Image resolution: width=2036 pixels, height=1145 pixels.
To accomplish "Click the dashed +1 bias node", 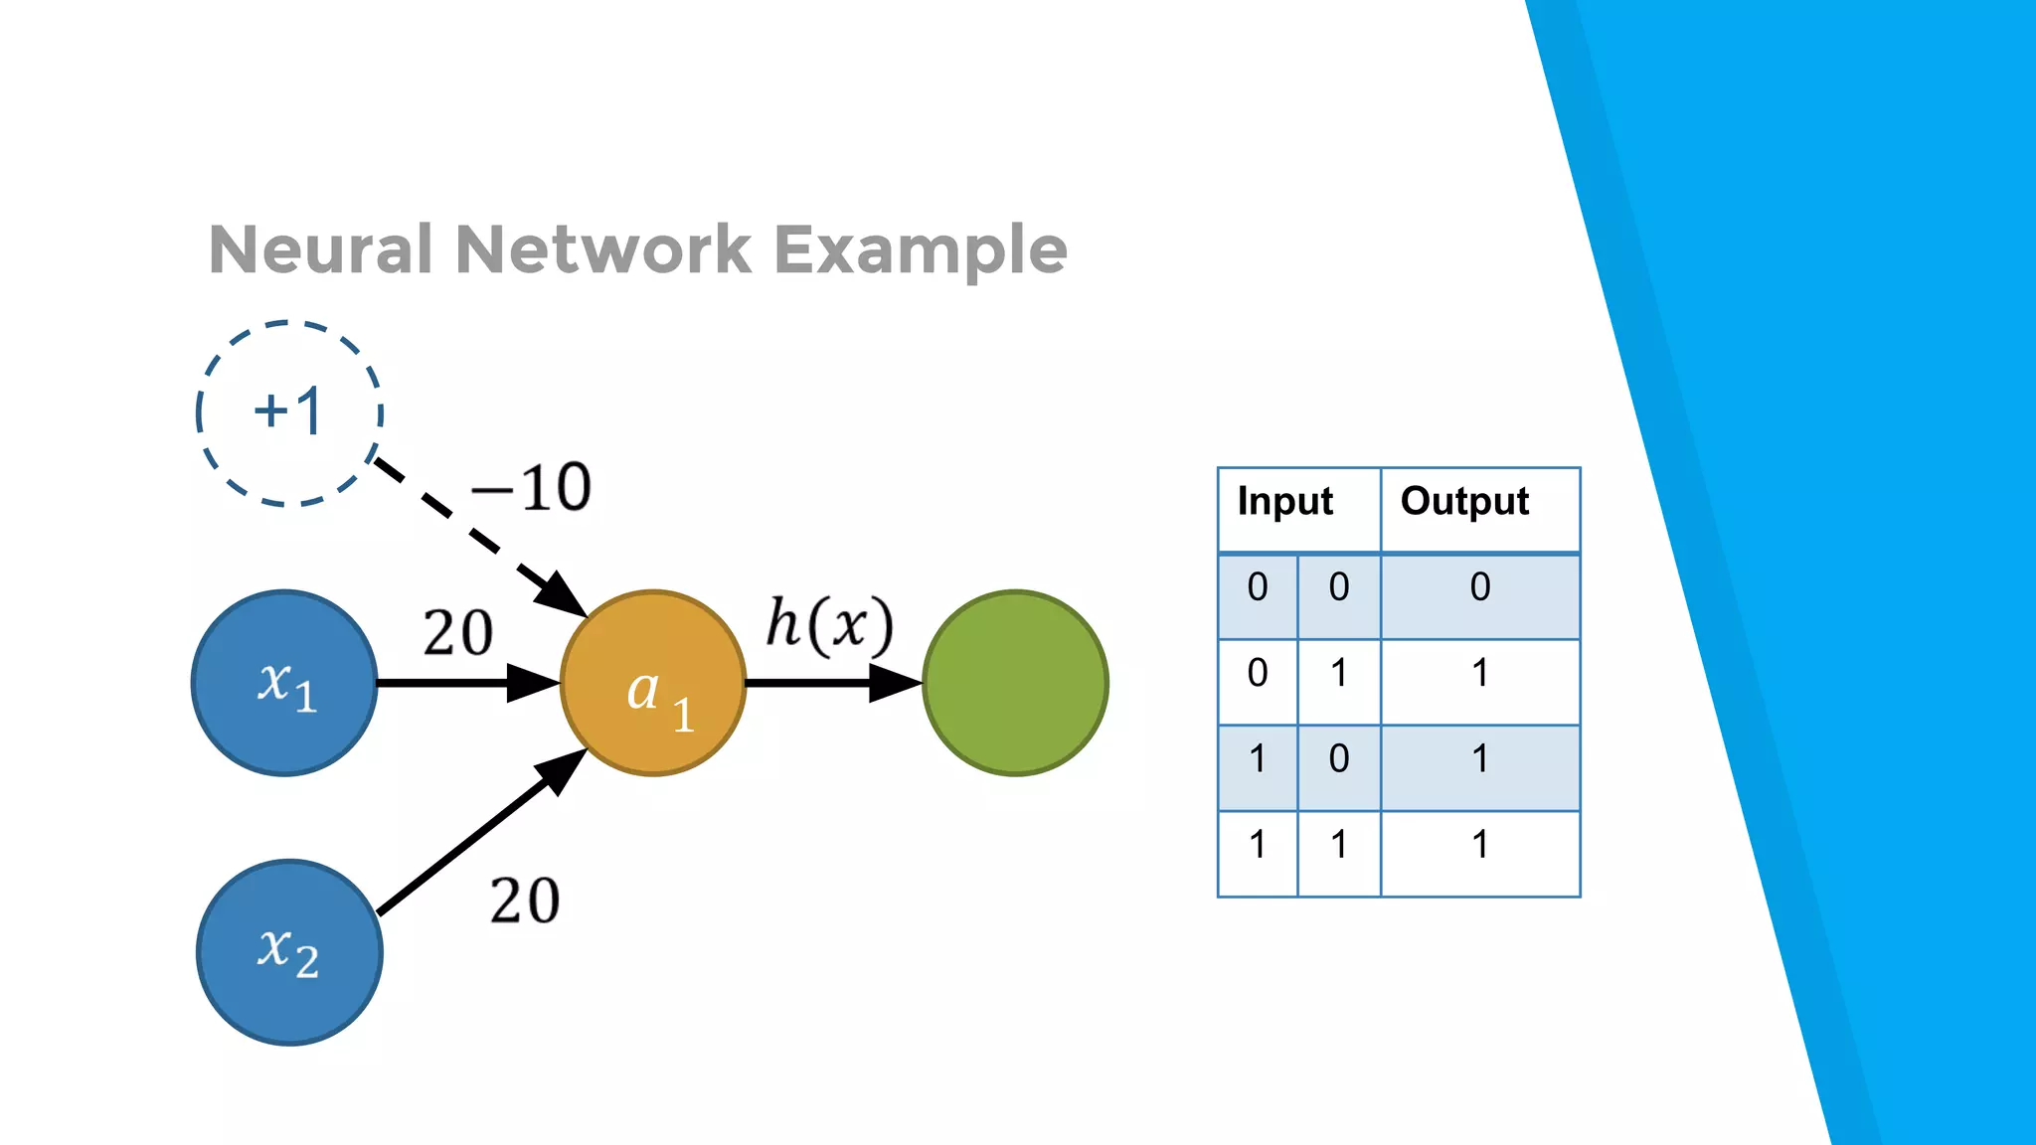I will [x=289, y=413].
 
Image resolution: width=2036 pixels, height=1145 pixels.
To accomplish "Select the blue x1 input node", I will [x=284, y=683].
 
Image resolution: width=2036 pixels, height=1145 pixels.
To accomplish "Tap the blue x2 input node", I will [x=289, y=952].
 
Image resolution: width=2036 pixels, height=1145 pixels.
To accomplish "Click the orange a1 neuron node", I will [x=653, y=683].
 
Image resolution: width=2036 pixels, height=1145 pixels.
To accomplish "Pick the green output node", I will [x=1015, y=683].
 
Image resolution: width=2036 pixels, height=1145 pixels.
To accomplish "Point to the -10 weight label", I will [x=532, y=488].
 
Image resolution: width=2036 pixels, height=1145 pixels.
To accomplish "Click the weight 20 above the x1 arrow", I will [x=457, y=633].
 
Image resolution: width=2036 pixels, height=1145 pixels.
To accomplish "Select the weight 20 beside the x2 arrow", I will [x=525, y=901].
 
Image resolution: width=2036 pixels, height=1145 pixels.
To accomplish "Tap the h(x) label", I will [x=830, y=625].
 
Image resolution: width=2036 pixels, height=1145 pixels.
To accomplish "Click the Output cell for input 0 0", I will [x=1480, y=587].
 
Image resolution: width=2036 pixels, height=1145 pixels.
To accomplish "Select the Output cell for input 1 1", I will [x=1480, y=845].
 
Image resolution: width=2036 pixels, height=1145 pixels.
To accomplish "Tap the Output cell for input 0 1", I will [x=1480, y=674].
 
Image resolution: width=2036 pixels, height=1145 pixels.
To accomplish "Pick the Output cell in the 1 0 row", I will [x=1480, y=759].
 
